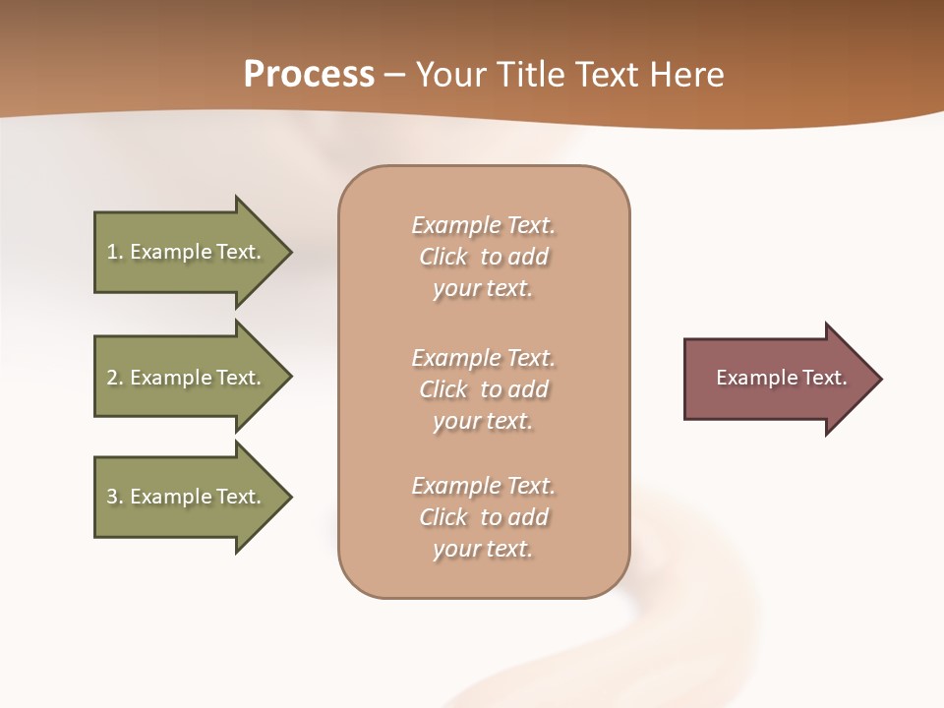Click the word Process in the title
tap(309, 75)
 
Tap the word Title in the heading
tap(528, 75)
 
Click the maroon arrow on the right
tap(777, 379)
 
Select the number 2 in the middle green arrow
tap(112, 378)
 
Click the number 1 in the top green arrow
tap(112, 252)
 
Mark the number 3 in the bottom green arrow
tap(112, 497)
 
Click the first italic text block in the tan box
tap(483, 257)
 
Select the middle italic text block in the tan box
tap(483, 389)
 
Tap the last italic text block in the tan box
tap(483, 517)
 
